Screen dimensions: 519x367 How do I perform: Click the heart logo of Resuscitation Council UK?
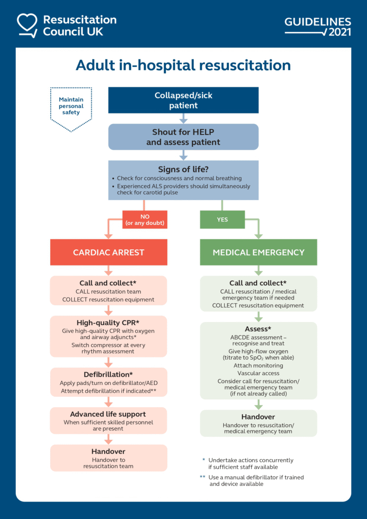click(x=27, y=25)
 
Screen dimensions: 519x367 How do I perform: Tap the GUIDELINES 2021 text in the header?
click(x=318, y=27)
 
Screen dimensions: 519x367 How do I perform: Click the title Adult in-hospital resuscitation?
click(x=183, y=65)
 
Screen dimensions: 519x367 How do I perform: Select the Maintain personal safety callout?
click(x=71, y=106)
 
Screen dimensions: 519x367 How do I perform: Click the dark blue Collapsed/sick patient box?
click(x=183, y=100)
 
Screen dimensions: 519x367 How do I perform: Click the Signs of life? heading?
click(x=183, y=169)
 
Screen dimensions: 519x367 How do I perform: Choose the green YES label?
click(x=222, y=220)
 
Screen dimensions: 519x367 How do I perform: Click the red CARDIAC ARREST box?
click(x=108, y=252)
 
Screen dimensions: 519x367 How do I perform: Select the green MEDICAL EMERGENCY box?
click(x=258, y=252)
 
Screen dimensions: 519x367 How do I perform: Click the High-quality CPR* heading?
click(x=108, y=323)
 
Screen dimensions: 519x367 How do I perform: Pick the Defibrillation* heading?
click(x=108, y=375)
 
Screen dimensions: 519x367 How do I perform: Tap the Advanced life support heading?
click(x=108, y=414)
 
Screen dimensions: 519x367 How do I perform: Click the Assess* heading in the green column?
click(x=258, y=329)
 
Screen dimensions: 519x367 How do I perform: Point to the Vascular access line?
click(x=258, y=373)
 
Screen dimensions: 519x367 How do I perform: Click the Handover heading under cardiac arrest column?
click(x=108, y=452)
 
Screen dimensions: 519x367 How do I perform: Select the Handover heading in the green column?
click(x=258, y=417)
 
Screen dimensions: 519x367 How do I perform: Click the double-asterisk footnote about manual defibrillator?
click(x=253, y=480)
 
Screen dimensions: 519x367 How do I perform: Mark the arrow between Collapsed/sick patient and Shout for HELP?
click(x=183, y=119)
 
